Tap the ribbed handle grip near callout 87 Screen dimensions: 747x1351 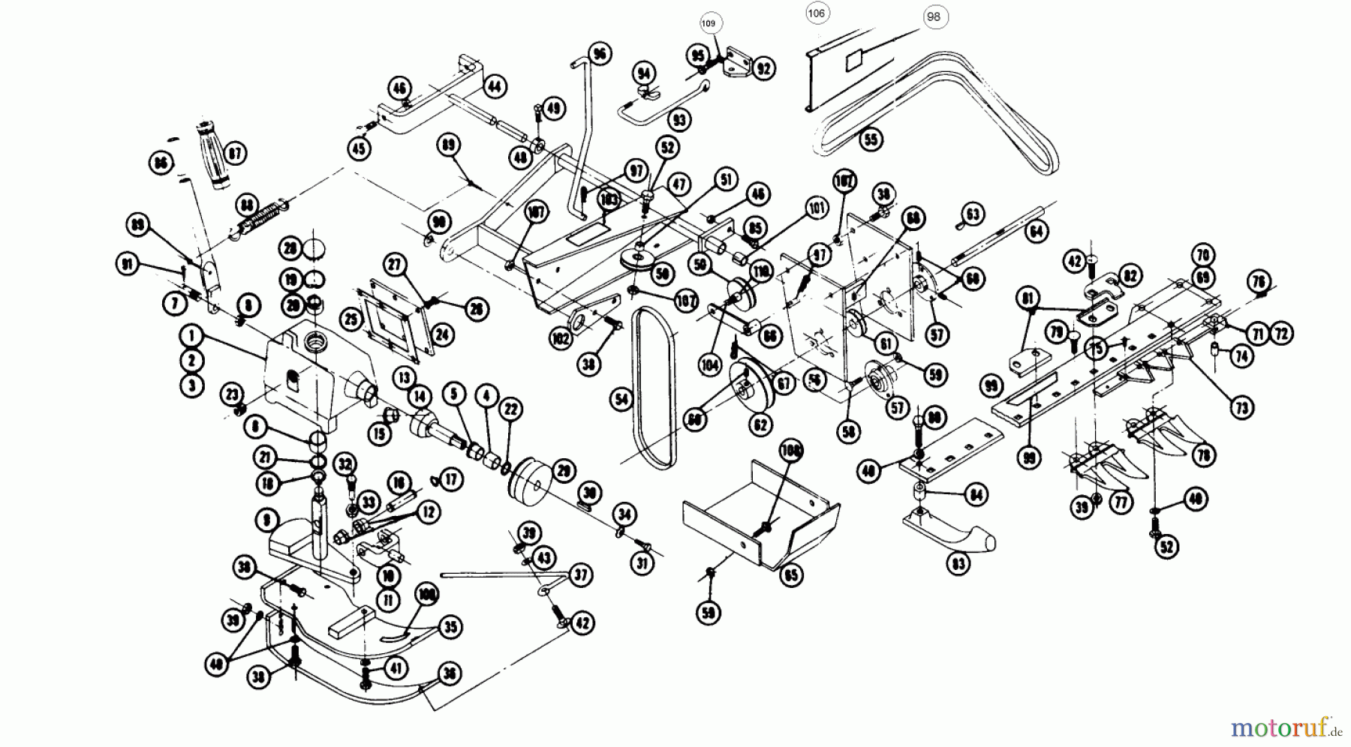point(214,153)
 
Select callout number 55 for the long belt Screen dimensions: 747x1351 point(871,139)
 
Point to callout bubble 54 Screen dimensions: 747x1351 point(621,400)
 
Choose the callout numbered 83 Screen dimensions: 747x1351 point(958,563)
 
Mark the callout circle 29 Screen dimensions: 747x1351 point(563,470)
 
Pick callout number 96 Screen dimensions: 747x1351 point(600,53)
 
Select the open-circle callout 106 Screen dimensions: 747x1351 point(816,13)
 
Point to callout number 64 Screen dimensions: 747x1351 point(1037,232)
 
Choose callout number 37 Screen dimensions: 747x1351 point(579,575)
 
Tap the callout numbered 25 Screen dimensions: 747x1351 point(351,320)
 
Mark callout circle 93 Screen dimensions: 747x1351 point(679,119)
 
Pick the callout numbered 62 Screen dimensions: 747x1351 point(761,425)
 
